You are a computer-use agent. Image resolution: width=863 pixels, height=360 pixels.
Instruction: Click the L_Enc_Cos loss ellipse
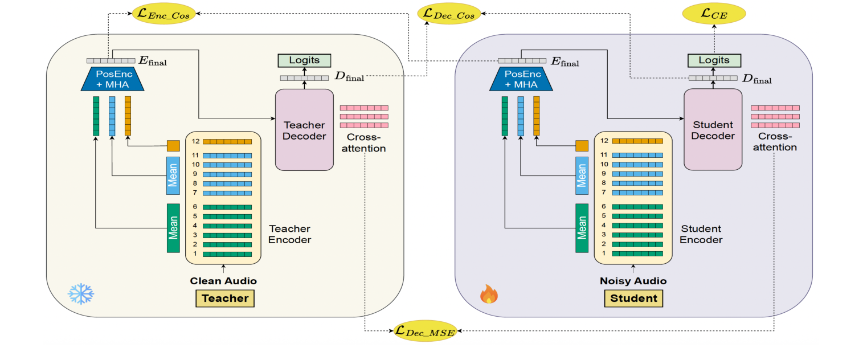pyautogui.click(x=164, y=14)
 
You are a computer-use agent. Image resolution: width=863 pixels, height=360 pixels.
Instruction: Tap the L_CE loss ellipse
pyautogui.click(x=714, y=14)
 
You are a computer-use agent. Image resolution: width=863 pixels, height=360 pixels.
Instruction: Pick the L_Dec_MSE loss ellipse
pyautogui.click(x=426, y=331)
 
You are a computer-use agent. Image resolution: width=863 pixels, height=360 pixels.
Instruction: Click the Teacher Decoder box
pyautogui.click(x=304, y=130)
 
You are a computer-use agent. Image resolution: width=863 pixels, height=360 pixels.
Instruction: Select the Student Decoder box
pyautogui.click(x=713, y=130)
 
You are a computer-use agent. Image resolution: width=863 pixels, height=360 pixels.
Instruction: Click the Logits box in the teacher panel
pyautogui.click(x=304, y=60)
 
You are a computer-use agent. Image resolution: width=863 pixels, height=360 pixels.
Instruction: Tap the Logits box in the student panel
pyautogui.click(x=713, y=60)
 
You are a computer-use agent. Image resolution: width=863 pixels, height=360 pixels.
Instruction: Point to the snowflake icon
pyautogui.click(x=81, y=294)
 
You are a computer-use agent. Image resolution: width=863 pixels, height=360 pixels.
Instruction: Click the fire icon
pyautogui.click(x=489, y=294)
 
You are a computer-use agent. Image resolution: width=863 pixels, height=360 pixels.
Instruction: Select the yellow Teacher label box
pyautogui.click(x=225, y=298)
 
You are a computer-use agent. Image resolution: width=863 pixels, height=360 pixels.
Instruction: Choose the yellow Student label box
pyautogui.click(x=633, y=298)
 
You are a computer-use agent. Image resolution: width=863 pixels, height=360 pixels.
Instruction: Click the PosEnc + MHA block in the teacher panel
pyautogui.click(x=113, y=79)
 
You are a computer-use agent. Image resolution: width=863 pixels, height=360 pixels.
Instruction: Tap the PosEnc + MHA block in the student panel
pyautogui.click(x=521, y=79)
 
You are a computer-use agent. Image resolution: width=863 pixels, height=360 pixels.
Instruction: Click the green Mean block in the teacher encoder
pyautogui.click(x=173, y=228)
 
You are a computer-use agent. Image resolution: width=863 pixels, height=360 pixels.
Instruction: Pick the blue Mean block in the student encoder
pyautogui.click(x=582, y=175)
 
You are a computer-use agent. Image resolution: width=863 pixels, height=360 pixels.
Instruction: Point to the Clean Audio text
pyautogui.click(x=223, y=281)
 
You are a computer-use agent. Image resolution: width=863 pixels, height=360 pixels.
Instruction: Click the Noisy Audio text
pyautogui.click(x=633, y=281)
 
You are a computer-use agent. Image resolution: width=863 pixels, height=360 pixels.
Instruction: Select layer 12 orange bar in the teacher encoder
pyautogui.click(x=227, y=141)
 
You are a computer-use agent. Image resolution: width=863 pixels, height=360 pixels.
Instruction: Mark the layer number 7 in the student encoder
pyautogui.click(x=604, y=193)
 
